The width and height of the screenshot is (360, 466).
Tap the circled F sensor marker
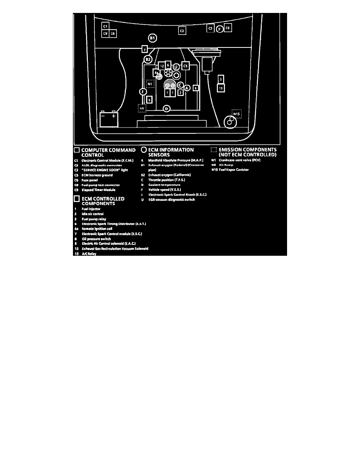(x=220, y=29)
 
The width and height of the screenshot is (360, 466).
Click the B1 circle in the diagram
(x=153, y=38)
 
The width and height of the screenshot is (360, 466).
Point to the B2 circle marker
(x=148, y=60)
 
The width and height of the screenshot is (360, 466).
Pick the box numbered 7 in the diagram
(x=145, y=49)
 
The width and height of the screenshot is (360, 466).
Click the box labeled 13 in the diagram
(x=221, y=88)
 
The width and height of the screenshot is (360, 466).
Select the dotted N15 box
(x=236, y=114)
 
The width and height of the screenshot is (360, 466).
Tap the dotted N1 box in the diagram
(x=150, y=84)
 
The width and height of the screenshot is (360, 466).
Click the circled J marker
(x=143, y=92)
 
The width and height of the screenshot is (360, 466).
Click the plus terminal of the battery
(x=113, y=116)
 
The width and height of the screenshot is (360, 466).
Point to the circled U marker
(x=176, y=67)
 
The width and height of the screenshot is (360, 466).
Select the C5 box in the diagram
(x=185, y=66)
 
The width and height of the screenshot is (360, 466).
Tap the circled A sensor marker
(x=187, y=88)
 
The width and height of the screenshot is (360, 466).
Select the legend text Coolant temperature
(x=164, y=185)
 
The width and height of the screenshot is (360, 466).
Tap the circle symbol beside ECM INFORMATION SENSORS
(x=144, y=150)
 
